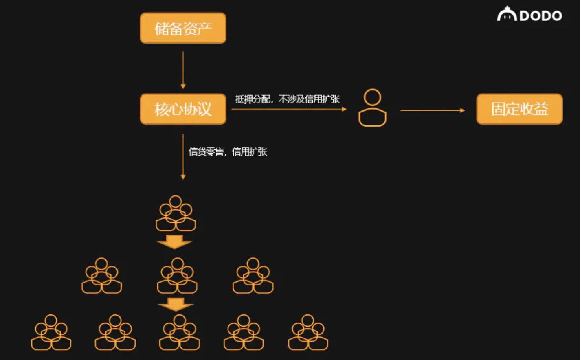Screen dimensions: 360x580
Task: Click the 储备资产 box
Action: [x=183, y=28]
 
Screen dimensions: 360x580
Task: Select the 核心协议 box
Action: [x=183, y=109]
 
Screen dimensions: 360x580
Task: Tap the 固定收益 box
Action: [x=519, y=109]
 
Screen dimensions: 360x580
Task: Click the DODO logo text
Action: [x=540, y=16]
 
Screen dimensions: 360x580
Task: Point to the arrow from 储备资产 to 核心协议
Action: [x=183, y=70]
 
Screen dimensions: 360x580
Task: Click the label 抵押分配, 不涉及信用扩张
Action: [x=287, y=99]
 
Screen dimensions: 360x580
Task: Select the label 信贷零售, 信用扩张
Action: [x=228, y=152]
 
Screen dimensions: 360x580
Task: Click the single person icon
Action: [x=372, y=108]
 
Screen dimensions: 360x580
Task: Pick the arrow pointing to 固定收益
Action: [x=432, y=110]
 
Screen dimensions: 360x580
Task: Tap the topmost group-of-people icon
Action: [x=176, y=214]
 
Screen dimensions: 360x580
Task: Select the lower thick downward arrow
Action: [x=176, y=304]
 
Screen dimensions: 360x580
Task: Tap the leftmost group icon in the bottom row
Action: [x=51, y=333]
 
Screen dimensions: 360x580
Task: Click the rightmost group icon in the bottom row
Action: [x=308, y=333]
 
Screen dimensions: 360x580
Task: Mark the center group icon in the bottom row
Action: [x=179, y=333]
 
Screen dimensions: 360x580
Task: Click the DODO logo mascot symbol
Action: [x=507, y=14]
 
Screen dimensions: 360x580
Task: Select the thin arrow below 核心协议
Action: [x=183, y=156]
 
